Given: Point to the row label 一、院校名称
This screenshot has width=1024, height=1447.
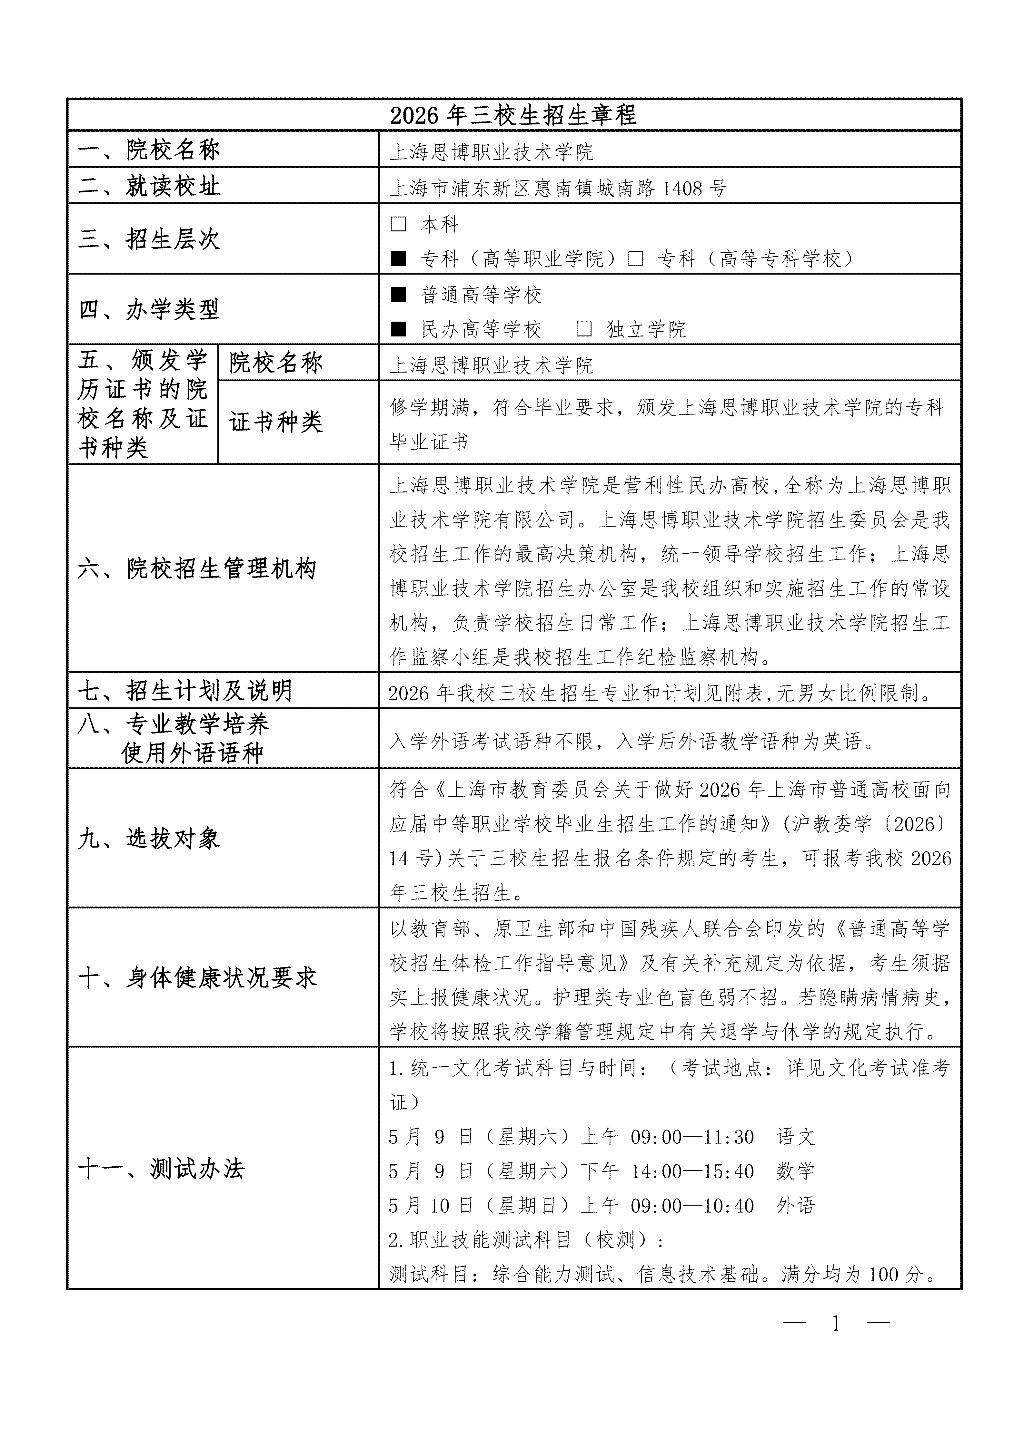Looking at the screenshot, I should (149, 150).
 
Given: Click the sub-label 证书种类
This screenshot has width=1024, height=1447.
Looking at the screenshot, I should (275, 422).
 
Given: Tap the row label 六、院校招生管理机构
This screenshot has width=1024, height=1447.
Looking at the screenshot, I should (197, 568).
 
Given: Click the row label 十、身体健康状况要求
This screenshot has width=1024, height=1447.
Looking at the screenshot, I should (197, 977).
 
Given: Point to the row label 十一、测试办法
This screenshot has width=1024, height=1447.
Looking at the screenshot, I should (161, 1169).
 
